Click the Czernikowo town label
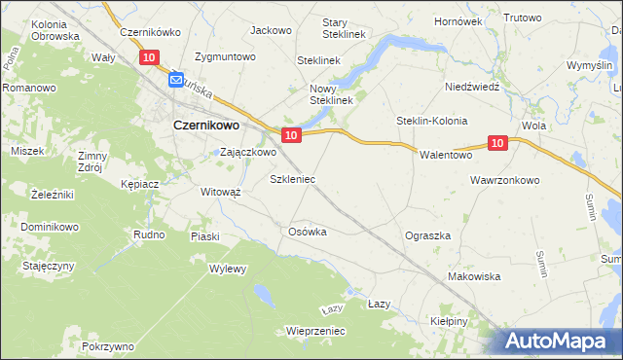coord(207,125)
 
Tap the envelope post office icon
coord(176,80)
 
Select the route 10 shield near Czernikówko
coord(148,58)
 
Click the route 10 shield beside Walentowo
coord(496,143)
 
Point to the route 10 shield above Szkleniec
coord(290,134)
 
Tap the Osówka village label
coord(307,232)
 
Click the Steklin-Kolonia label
coord(431,121)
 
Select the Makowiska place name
coord(473,277)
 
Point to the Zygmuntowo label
coord(225,56)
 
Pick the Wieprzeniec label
coord(315,331)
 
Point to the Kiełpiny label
coord(449,320)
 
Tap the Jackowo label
coord(271,30)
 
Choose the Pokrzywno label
coord(108,346)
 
